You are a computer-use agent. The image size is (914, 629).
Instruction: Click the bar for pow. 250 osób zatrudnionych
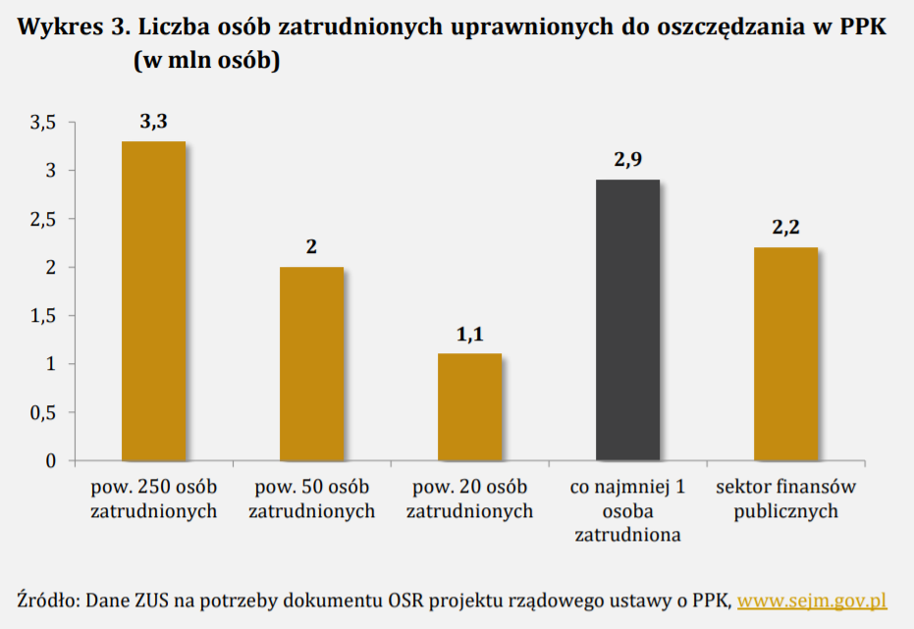(x=153, y=301)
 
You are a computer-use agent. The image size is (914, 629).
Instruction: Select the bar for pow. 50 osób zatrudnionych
(x=311, y=363)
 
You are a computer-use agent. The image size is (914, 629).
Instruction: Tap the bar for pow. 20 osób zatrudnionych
(x=469, y=407)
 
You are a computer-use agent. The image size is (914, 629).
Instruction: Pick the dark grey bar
(x=628, y=320)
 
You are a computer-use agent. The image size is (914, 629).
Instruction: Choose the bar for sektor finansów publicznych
(x=785, y=353)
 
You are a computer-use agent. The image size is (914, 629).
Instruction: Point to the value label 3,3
(x=154, y=122)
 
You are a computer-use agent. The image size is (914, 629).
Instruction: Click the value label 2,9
(x=628, y=160)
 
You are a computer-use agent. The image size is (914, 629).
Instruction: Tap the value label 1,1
(x=469, y=335)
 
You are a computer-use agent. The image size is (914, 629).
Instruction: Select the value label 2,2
(x=785, y=228)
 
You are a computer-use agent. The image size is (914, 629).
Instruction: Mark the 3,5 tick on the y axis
(x=45, y=123)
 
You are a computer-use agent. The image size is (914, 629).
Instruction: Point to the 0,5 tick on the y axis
(x=45, y=413)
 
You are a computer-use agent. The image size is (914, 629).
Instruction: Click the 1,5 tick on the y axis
(x=45, y=316)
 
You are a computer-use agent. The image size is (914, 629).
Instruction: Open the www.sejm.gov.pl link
(x=812, y=600)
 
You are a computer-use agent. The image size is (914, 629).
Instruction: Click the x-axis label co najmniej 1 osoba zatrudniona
(x=628, y=511)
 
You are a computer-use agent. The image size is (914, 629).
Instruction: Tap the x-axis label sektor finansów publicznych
(x=785, y=498)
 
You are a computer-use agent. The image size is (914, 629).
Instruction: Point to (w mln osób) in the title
(x=207, y=61)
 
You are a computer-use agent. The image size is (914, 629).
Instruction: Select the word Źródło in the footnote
(x=46, y=600)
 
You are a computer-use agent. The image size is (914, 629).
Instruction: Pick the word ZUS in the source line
(x=149, y=600)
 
